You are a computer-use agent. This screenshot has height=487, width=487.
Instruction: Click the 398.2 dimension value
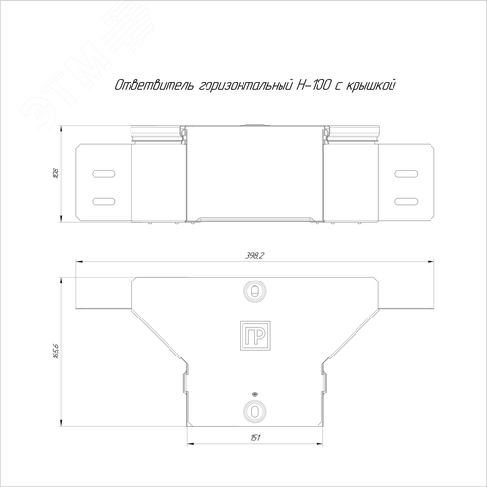255,256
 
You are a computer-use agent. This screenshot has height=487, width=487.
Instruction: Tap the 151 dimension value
255,438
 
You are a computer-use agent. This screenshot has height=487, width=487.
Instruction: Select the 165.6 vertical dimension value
56,351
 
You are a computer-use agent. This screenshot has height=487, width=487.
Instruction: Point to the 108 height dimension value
56,173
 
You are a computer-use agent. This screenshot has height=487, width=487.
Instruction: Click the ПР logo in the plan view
255,336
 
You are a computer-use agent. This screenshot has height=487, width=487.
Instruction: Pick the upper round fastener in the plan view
255,290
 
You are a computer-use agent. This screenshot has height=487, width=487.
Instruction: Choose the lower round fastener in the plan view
255,411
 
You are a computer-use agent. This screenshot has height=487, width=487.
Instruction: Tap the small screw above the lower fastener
255,394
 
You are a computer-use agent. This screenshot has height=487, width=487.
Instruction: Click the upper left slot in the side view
103,174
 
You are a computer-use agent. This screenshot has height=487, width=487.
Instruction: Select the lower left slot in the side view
103,201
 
